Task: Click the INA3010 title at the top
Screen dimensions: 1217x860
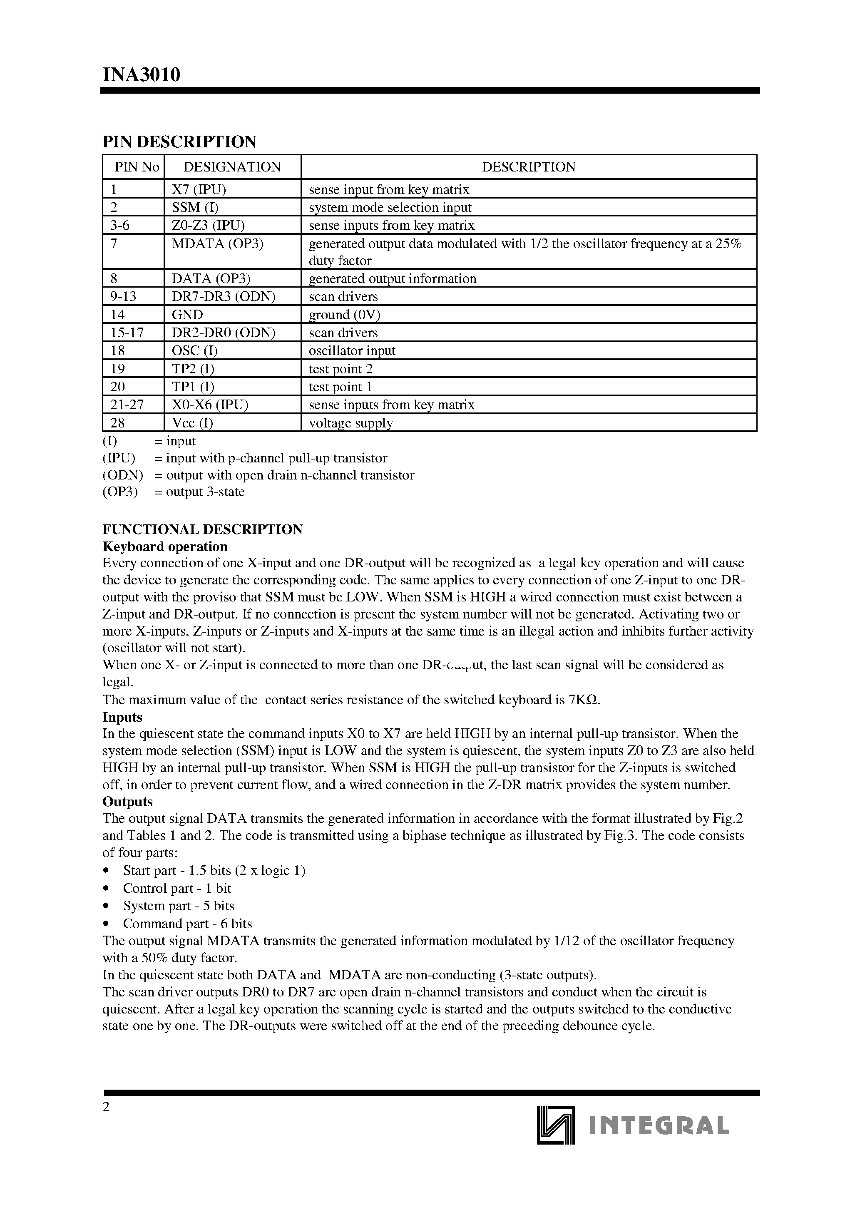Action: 141,75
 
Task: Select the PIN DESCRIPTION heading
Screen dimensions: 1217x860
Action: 179,142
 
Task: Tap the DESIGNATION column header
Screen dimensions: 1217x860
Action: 232,167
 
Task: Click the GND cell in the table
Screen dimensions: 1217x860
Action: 187,314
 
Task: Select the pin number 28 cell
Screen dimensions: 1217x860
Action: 118,422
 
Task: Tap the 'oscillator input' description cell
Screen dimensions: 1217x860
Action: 352,350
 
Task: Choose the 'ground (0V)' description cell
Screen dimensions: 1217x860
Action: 345,314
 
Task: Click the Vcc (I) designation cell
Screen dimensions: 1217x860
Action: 192,422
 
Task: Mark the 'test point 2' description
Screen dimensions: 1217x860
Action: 341,368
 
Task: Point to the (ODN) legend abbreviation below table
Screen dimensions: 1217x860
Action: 122,475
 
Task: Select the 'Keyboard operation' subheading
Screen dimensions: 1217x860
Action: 165,546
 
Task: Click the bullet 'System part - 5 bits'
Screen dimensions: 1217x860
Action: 179,905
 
